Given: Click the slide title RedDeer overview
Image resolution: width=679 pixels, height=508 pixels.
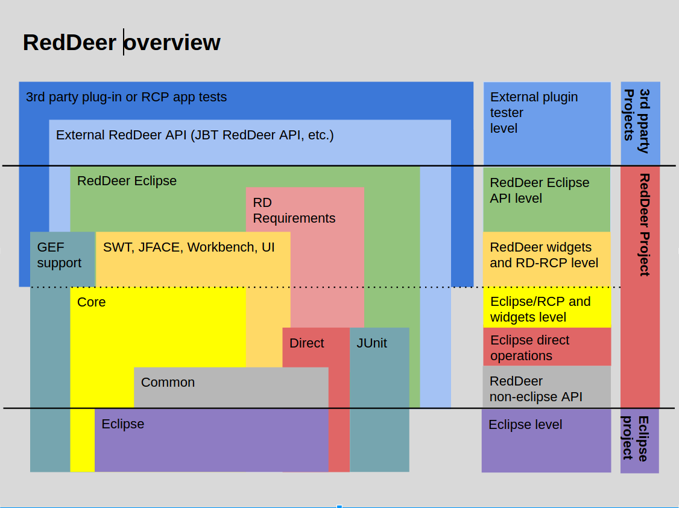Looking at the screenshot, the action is (x=122, y=42).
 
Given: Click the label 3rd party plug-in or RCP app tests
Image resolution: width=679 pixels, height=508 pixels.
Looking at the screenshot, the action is (x=127, y=97).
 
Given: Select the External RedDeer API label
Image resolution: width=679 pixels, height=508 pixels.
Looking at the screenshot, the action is (x=195, y=135).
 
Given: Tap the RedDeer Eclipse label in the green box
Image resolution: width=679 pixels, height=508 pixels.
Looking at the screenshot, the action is (x=127, y=180).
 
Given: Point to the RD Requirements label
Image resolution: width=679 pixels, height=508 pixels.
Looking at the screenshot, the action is (x=294, y=211).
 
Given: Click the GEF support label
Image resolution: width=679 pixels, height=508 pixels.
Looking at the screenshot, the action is (x=59, y=255).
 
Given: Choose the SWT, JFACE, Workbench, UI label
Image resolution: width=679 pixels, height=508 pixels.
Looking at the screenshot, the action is (x=189, y=247).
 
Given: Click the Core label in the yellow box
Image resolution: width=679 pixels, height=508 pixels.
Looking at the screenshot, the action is (x=92, y=302).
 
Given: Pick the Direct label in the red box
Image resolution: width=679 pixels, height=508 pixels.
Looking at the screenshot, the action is (x=306, y=343).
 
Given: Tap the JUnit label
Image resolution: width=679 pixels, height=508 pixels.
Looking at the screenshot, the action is (x=371, y=343).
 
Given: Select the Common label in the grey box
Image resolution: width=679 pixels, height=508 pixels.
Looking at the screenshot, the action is (x=168, y=383).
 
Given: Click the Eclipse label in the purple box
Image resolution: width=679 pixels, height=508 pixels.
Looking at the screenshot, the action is (x=123, y=424).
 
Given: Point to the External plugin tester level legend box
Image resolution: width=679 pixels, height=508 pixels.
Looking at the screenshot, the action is (x=547, y=124).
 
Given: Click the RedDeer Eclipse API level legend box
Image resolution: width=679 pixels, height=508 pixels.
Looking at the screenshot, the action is (x=546, y=200).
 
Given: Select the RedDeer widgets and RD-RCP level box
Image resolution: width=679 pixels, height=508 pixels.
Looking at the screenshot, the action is (x=546, y=259).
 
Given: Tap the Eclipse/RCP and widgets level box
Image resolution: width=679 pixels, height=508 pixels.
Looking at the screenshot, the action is (x=547, y=308).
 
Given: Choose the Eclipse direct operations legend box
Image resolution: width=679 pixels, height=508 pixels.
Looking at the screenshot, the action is (x=547, y=346).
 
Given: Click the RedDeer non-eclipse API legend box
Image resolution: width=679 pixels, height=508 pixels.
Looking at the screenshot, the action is (x=546, y=387).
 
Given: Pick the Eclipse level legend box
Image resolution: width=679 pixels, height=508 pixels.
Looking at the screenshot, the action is (x=546, y=440).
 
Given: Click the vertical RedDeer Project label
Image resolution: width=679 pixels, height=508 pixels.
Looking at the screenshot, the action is (x=645, y=225).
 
